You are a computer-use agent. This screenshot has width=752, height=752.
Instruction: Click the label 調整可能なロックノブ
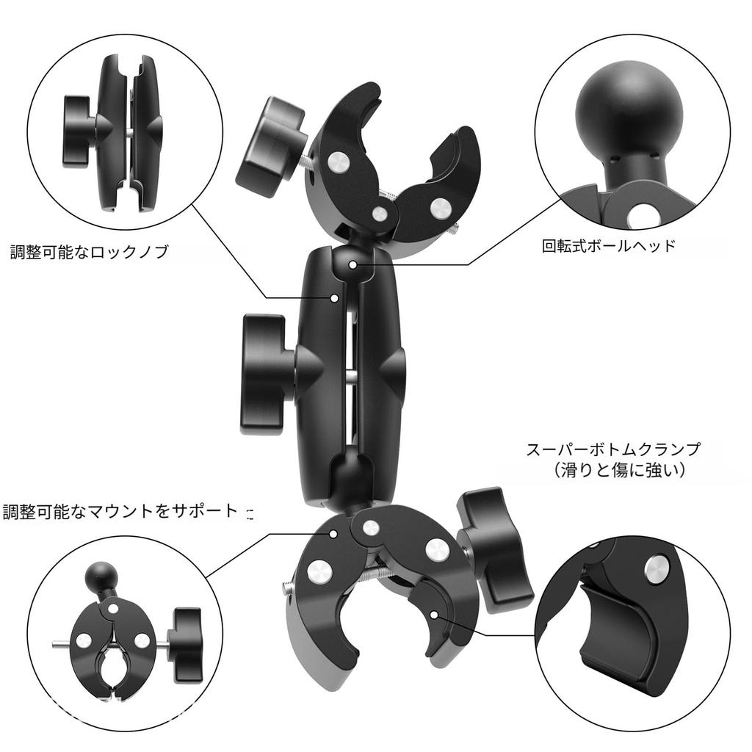pos(89,253)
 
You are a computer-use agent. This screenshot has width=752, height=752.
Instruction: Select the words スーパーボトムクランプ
pos(613,449)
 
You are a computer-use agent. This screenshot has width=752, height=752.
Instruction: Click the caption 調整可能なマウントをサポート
pos(120,512)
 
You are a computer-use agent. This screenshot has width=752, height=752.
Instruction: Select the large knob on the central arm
pos(264,375)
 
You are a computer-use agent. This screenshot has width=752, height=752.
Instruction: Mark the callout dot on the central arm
pos(334,297)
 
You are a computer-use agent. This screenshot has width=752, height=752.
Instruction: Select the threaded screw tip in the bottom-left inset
pos(60,646)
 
